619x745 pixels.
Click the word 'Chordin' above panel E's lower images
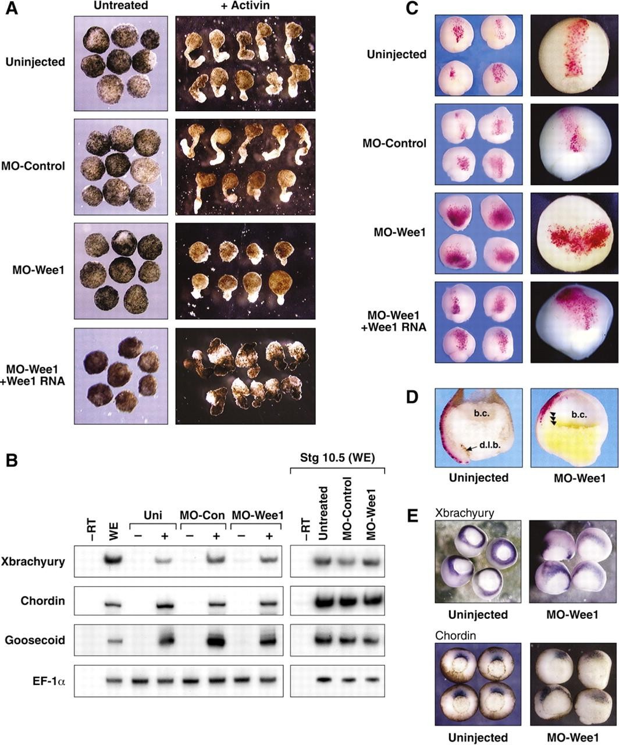[456, 636]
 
